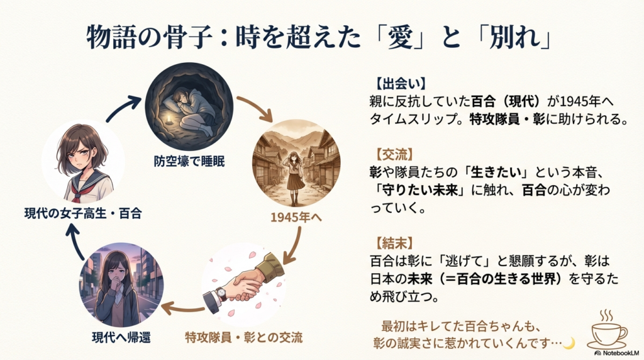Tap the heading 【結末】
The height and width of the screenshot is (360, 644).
point(391,242)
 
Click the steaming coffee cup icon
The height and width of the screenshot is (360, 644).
point(606,329)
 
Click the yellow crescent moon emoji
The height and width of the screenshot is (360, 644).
point(569,342)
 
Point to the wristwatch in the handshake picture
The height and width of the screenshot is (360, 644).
point(220,293)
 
